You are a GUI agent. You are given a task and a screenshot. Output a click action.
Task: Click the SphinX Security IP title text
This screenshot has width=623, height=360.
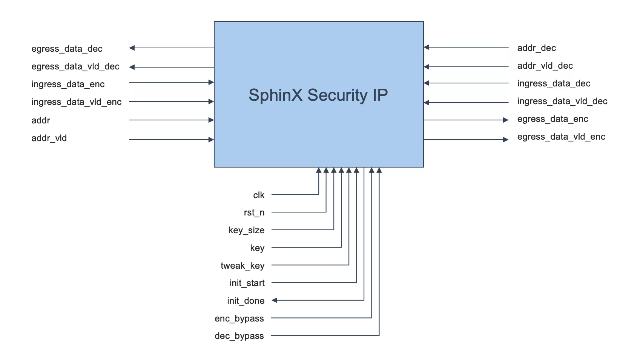tap(318, 95)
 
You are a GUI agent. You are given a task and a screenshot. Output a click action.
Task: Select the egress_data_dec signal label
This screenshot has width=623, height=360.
tap(67, 49)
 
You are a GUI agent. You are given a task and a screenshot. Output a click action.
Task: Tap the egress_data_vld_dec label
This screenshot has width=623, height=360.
tap(75, 66)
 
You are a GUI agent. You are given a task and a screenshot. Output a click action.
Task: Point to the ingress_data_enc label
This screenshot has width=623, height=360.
tap(68, 84)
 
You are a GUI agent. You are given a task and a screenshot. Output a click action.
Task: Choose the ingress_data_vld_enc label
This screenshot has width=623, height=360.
tap(77, 102)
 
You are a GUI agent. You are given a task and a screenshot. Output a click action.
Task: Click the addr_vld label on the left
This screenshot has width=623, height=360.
tap(49, 138)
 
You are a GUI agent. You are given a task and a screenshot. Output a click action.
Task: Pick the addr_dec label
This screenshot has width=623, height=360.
tap(536, 48)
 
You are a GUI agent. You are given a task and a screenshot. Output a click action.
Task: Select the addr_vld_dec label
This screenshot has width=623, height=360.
tap(545, 66)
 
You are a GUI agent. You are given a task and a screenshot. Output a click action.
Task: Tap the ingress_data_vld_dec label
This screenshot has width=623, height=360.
tap(562, 101)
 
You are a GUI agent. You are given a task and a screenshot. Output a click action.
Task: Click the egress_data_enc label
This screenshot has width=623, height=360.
tap(552, 119)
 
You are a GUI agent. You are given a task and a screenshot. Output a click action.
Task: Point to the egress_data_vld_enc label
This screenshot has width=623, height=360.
tap(561, 137)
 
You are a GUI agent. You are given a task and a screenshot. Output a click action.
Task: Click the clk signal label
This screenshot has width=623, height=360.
tap(259, 195)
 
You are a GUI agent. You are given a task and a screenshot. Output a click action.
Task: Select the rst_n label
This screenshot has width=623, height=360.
tap(254, 212)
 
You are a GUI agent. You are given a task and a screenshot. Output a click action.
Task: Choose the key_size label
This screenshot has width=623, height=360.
tap(246, 230)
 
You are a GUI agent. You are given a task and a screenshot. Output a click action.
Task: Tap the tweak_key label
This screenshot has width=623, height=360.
tap(242, 266)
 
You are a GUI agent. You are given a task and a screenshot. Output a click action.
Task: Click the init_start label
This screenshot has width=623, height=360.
tap(247, 283)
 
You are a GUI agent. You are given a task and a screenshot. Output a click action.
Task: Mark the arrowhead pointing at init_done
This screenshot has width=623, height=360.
tap(275, 300)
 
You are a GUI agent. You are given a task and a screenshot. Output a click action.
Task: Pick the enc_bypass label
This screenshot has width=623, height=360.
tap(239, 318)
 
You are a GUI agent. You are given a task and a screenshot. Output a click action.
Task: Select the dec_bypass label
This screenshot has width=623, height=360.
tap(239, 336)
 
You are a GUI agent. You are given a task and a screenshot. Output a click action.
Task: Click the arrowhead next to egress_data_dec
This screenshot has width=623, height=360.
tap(132, 48)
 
